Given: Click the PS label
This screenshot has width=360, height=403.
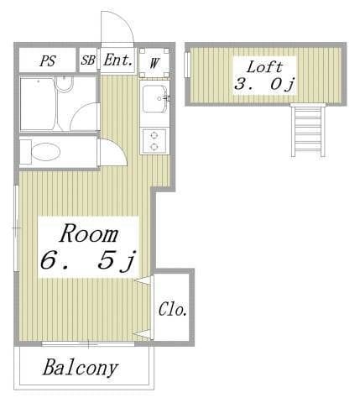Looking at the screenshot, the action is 48,60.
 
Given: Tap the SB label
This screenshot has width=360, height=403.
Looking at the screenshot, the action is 88,60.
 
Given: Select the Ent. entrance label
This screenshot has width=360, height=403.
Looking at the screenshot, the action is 117,60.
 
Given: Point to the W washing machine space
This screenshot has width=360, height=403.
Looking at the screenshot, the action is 154,63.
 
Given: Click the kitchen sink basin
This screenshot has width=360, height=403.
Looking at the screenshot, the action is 154,99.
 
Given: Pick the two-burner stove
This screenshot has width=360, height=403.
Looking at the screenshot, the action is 154,141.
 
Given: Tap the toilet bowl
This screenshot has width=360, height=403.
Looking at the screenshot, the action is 45,152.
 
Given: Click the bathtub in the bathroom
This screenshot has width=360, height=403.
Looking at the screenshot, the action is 39,103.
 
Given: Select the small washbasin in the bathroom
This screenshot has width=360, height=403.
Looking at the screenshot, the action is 65,84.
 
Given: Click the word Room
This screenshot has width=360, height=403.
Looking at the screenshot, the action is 89,233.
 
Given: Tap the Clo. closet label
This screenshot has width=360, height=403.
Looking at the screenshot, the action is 173,310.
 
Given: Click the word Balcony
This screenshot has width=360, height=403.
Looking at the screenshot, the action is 81,368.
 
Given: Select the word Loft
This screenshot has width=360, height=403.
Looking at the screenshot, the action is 264,67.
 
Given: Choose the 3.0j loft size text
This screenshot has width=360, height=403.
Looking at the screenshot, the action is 264,84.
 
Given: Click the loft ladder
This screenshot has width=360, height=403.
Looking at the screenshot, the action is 308,130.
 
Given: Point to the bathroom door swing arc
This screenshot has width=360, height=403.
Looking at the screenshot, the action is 80,111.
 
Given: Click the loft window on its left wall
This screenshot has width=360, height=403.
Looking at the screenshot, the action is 187,65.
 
